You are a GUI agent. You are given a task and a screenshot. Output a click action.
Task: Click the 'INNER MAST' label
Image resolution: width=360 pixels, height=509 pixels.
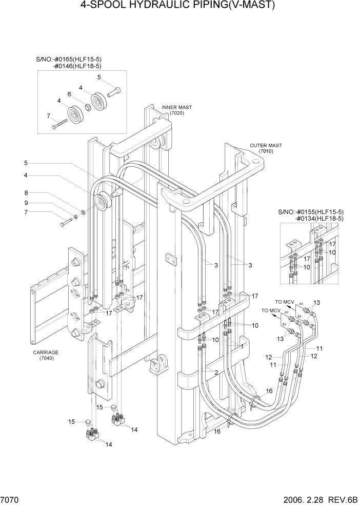click(176, 107)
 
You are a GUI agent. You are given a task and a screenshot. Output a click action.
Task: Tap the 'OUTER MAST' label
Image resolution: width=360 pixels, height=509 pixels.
click(266, 146)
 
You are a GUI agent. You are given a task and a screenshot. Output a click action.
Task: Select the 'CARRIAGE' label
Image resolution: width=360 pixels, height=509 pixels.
click(46, 353)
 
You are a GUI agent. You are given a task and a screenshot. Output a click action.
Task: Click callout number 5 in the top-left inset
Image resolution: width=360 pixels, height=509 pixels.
click(99, 77)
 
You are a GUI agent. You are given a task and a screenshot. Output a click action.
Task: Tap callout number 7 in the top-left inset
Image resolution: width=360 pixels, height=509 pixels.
click(48, 115)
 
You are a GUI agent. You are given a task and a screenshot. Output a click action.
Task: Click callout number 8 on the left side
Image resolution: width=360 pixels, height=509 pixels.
click(26, 193)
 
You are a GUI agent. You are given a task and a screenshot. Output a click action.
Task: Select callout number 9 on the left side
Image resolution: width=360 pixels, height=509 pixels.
click(26, 202)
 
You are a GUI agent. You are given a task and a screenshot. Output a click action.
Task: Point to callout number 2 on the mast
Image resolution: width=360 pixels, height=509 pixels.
click(216, 373)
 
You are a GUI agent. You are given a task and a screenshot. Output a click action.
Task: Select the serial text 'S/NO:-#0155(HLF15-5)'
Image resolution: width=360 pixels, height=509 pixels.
click(311, 212)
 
